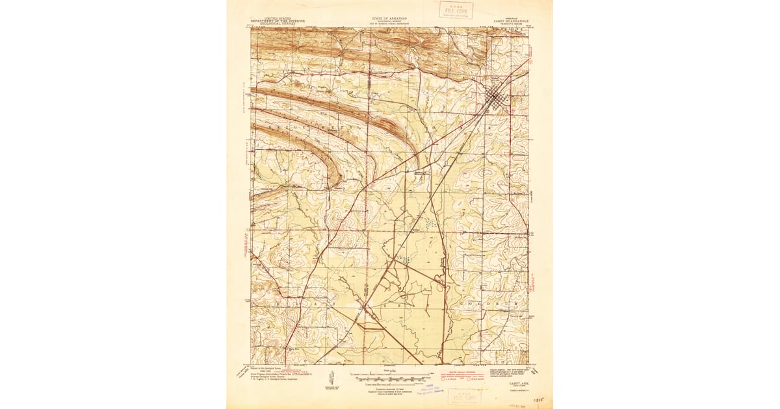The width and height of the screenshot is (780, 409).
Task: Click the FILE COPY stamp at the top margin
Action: tap(456, 10)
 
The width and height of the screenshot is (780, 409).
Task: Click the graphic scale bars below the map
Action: tap(390, 375)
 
